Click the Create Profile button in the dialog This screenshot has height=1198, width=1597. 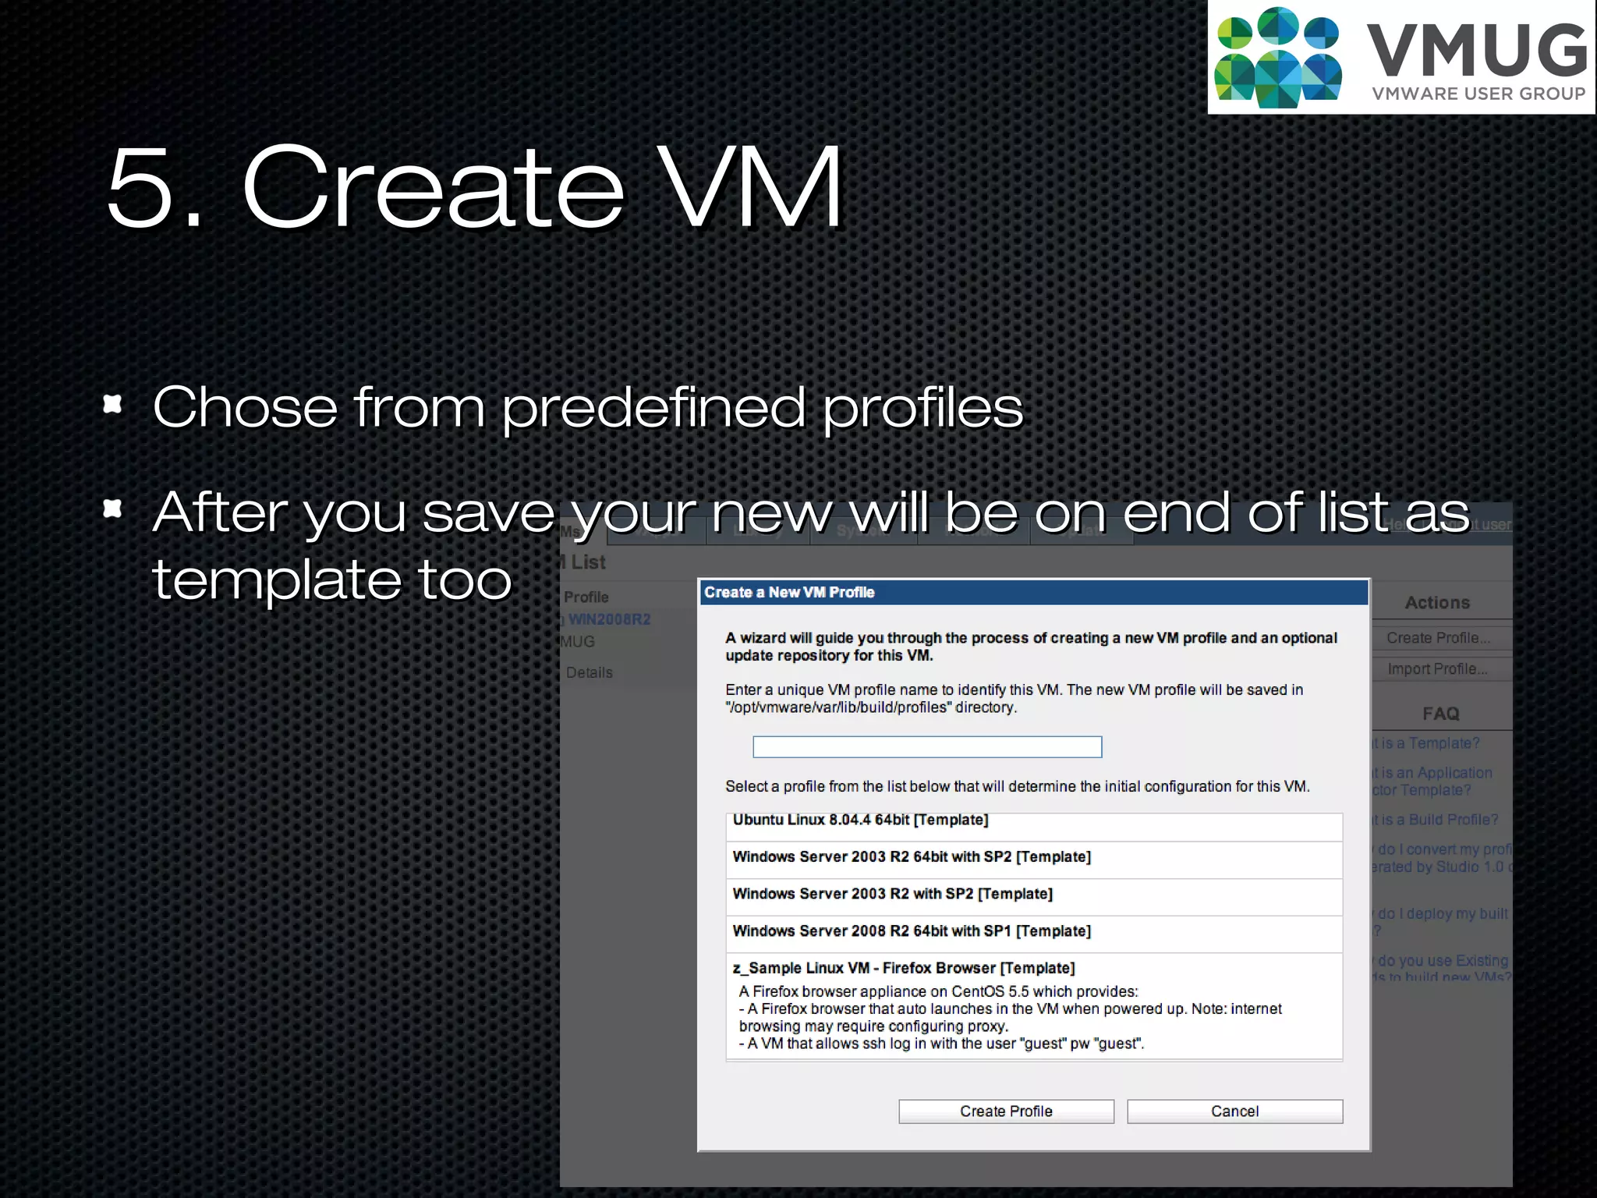click(x=1006, y=1111)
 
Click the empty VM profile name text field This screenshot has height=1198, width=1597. click(x=926, y=747)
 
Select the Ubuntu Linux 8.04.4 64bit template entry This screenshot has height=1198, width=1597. click(x=860, y=820)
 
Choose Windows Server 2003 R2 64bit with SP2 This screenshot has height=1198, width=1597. click(x=911, y=856)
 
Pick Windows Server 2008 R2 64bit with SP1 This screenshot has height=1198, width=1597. click(x=911, y=930)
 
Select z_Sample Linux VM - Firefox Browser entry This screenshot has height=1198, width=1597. click(x=903, y=968)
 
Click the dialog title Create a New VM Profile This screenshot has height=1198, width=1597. click(x=789, y=592)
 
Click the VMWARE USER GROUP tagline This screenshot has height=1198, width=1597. click(x=1478, y=94)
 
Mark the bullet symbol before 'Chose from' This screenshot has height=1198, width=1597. click(x=113, y=404)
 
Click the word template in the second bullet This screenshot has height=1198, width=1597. click(x=277, y=580)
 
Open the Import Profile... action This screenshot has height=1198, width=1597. click(x=1436, y=669)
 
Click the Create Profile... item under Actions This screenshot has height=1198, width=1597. click(x=1437, y=638)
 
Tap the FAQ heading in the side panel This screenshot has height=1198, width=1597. click(x=1440, y=714)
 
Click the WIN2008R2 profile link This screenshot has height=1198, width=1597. click(x=609, y=619)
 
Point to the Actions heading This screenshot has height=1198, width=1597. click(x=1437, y=602)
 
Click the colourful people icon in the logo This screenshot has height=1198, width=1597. click(x=1277, y=58)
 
